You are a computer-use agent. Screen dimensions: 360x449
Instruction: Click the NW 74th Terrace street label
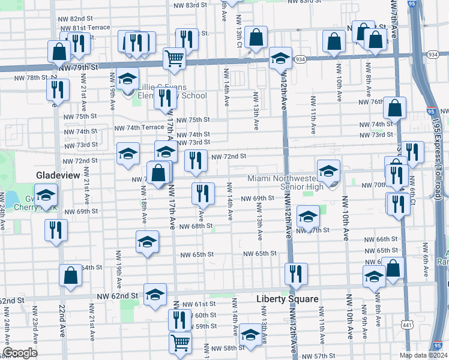[x=139, y=128]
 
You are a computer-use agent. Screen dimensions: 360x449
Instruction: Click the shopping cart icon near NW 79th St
[x=174, y=58]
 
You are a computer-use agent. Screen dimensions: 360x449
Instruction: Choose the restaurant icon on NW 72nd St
[x=196, y=160]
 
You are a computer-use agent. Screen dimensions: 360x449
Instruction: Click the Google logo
[x=19, y=353]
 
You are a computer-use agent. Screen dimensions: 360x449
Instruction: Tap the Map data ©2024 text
[x=423, y=355]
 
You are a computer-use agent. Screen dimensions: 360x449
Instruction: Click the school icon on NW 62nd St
[x=155, y=294]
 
